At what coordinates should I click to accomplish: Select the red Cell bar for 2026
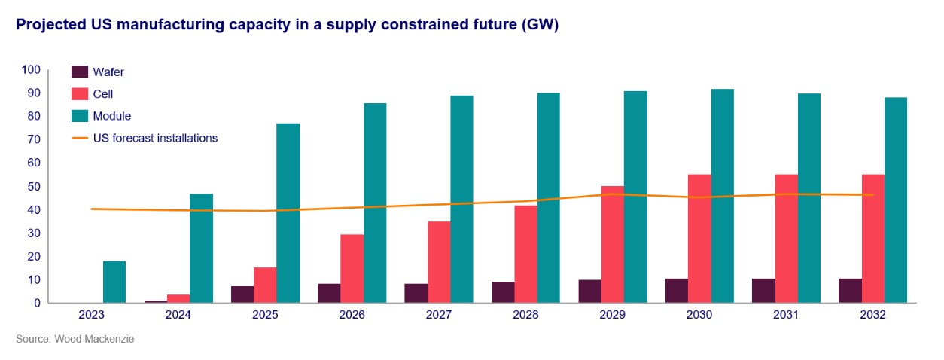(x=352, y=269)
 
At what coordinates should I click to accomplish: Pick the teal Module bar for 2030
(x=723, y=196)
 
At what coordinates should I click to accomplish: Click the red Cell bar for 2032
(x=873, y=239)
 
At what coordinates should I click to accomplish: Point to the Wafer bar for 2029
(x=590, y=291)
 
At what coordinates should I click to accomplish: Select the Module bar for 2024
(x=201, y=249)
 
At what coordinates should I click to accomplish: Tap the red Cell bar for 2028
(x=525, y=254)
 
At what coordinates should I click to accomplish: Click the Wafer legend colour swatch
(x=80, y=72)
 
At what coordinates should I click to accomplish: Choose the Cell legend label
(x=104, y=94)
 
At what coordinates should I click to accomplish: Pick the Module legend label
(x=112, y=116)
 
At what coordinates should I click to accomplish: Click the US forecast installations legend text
(x=156, y=138)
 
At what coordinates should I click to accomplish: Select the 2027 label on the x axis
(x=438, y=316)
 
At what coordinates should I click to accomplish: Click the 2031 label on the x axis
(x=786, y=316)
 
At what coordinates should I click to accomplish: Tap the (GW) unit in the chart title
(x=541, y=25)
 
